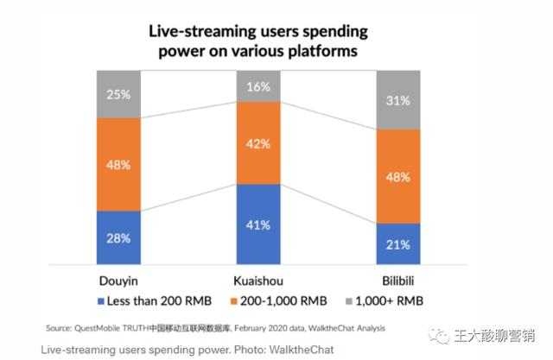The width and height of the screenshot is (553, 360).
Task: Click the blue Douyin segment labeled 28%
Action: (118, 237)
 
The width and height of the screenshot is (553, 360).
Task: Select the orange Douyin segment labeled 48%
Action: (118, 164)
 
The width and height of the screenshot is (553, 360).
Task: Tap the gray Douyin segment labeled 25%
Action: (118, 94)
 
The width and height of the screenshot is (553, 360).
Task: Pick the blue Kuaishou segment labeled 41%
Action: (258, 224)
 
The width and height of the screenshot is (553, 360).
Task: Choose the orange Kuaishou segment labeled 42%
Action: (258, 143)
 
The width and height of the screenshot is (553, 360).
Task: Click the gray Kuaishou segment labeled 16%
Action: (258, 86)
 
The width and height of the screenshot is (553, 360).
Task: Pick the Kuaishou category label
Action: (258, 281)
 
